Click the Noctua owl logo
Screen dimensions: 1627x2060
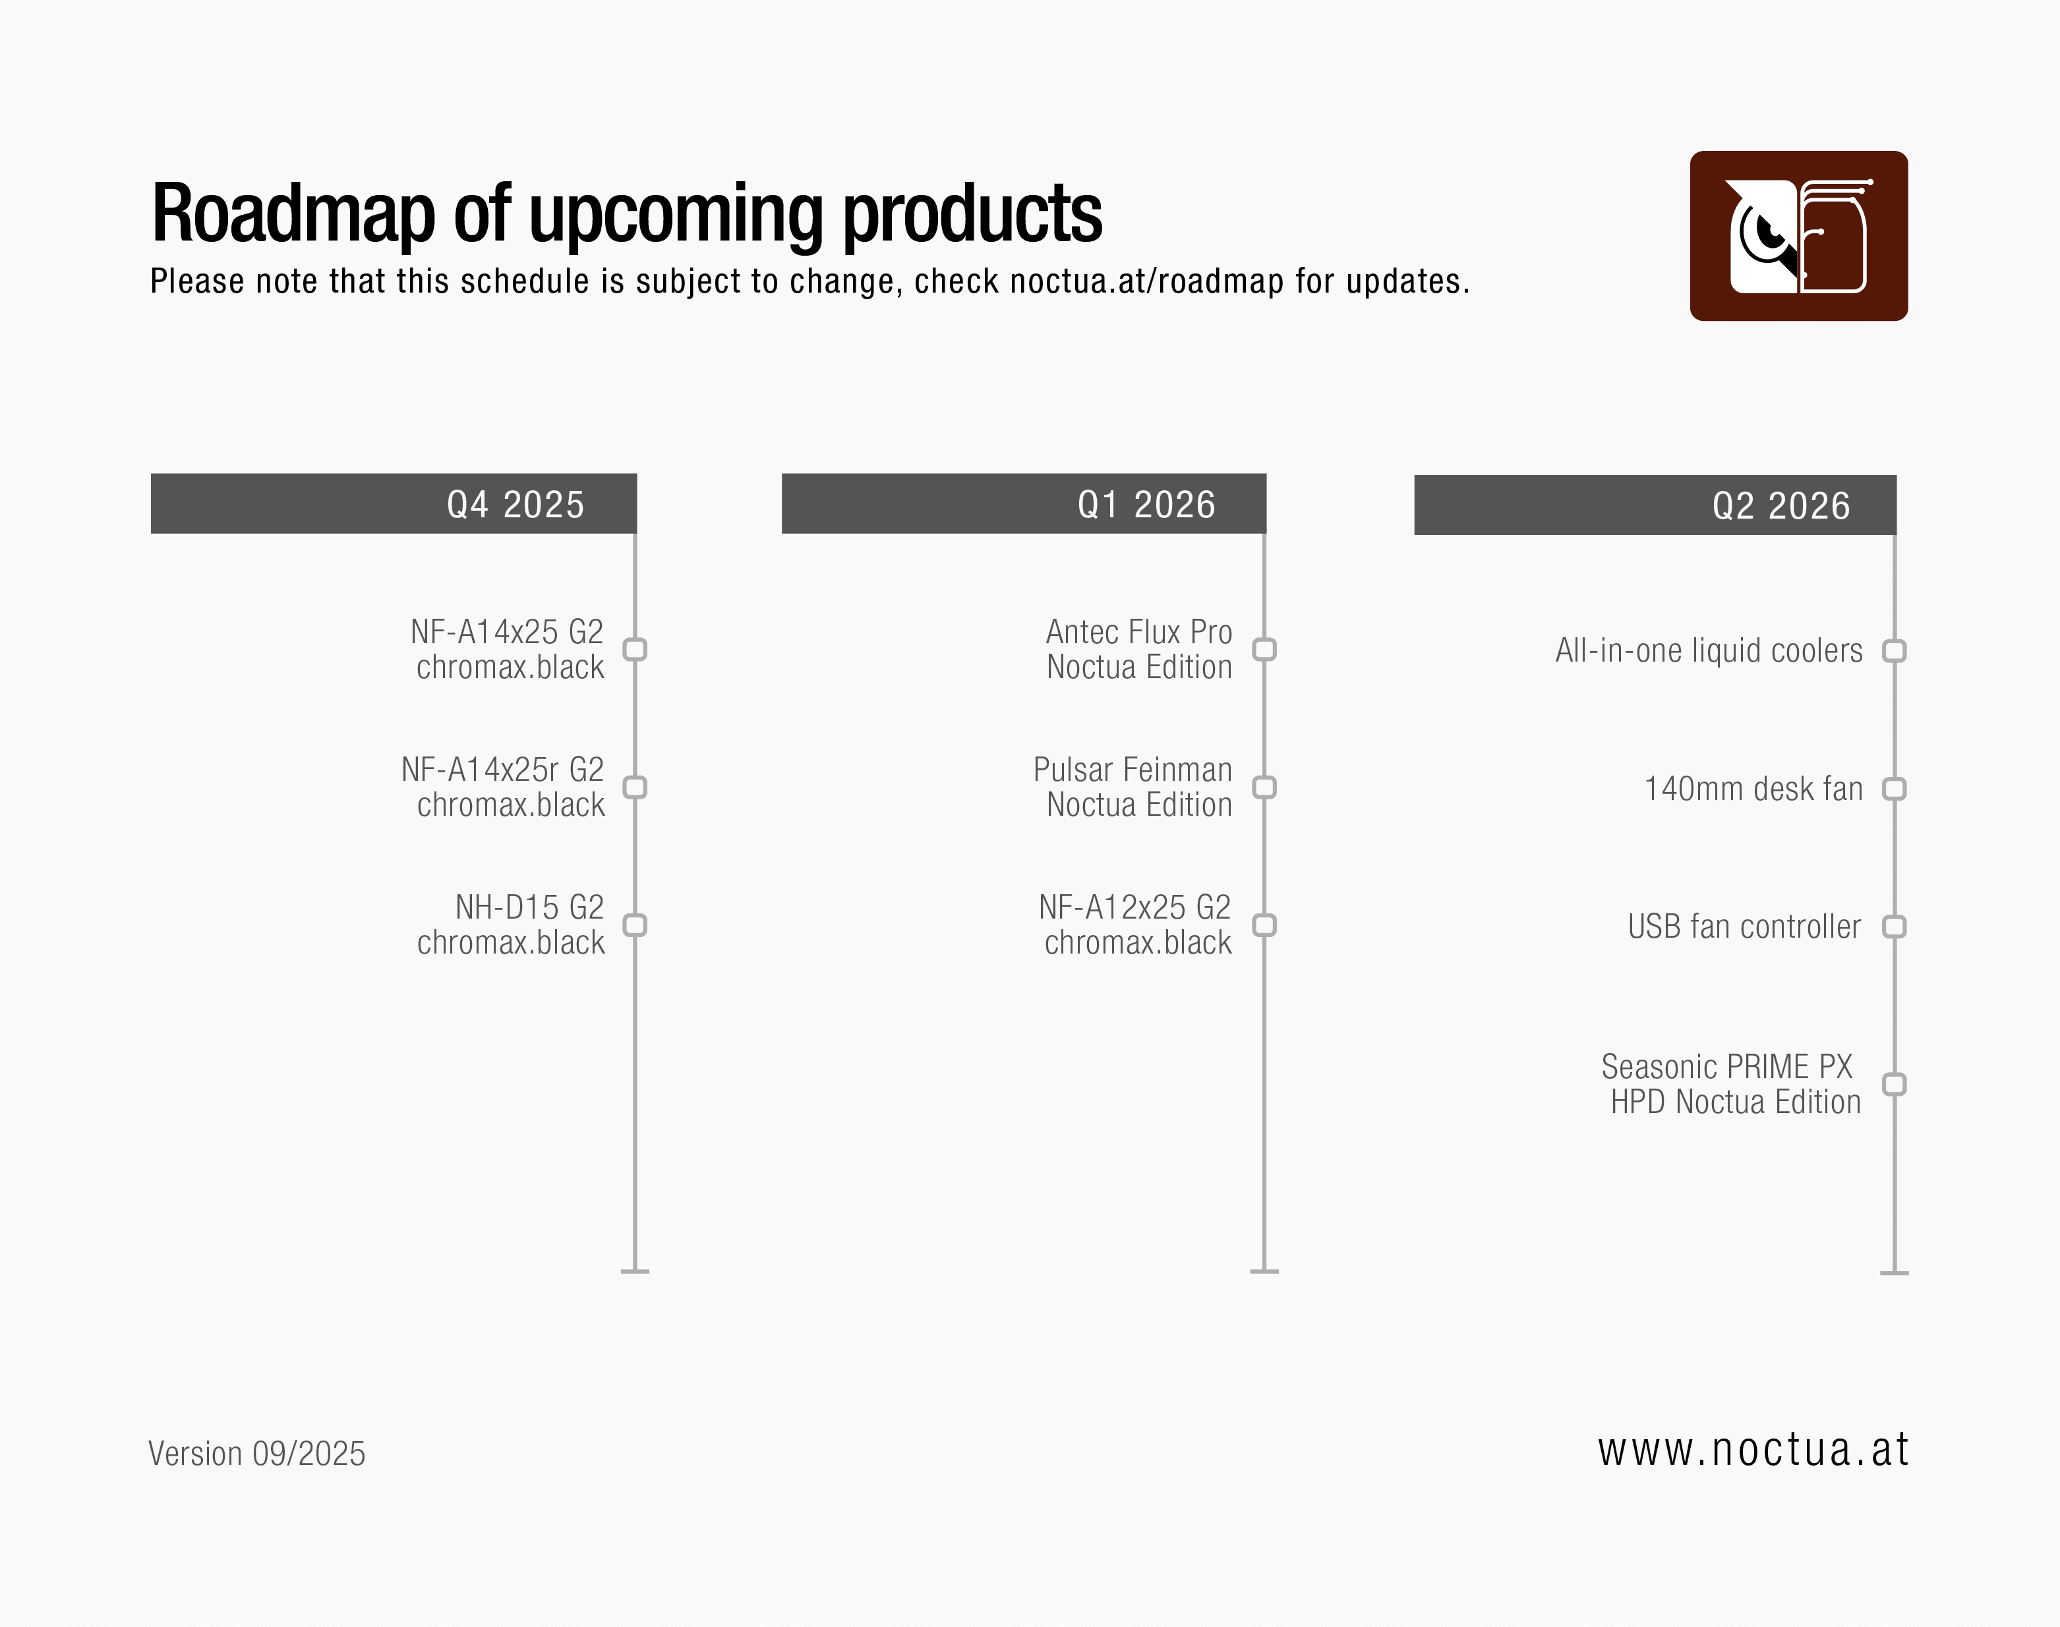click(1798, 235)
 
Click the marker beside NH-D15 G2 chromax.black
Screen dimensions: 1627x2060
click(635, 925)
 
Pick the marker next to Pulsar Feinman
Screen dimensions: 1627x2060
click(1264, 787)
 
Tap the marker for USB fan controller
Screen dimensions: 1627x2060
click(1894, 927)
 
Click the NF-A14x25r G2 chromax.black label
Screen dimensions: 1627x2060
click(503, 787)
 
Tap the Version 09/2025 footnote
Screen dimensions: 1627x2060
click(256, 1454)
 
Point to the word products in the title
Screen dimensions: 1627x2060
click(973, 214)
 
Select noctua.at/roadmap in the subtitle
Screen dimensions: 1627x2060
click(1146, 282)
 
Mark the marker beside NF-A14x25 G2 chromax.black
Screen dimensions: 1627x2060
click(635, 650)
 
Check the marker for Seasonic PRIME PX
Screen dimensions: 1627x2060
click(1894, 1084)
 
